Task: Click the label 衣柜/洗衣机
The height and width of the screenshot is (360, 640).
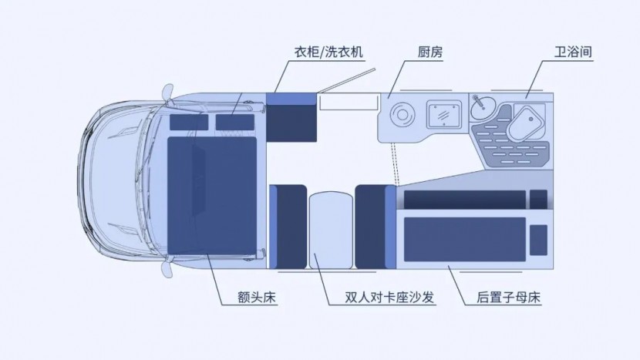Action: [328, 52]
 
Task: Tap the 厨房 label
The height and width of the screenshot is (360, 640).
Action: [430, 52]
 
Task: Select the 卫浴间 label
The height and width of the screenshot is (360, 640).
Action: [573, 52]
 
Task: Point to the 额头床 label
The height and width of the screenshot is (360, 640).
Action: [257, 297]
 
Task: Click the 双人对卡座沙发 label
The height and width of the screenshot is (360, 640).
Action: [389, 297]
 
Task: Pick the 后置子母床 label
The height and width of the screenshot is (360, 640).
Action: [509, 297]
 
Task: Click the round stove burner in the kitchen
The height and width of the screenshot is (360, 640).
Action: [402, 114]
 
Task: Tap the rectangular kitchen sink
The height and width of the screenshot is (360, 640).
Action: [444, 114]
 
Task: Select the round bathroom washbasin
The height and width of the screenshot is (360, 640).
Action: [483, 107]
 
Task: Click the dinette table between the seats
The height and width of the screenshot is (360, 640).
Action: [331, 230]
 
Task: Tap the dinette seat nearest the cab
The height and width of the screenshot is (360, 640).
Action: [288, 227]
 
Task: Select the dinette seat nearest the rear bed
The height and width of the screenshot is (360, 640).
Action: [376, 227]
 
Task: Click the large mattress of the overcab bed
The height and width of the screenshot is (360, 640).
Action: [212, 196]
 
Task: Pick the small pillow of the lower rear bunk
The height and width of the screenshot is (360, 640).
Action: [538, 240]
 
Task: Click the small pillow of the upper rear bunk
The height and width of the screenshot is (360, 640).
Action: [538, 200]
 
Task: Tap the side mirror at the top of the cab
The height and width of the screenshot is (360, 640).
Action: [168, 92]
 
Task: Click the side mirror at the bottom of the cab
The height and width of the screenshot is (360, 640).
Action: [167, 269]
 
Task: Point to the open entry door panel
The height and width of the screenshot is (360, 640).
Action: [346, 80]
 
